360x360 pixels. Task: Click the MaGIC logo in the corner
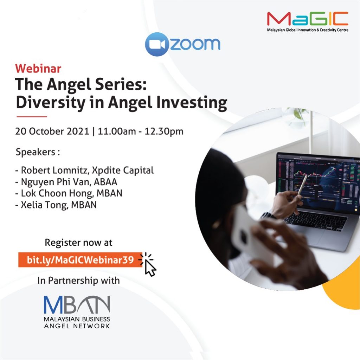pyautogui.click(x=307, y=21)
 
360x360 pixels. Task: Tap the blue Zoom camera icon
pyautogui.click(x=157, y=44)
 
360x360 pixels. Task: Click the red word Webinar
pyautogui.click(x=38, y=69)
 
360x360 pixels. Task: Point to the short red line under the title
pyautogui.click(x=32, y=117)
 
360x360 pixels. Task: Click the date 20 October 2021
pyautogui.click(x=52, y=131)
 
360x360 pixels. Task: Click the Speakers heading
pyautogui.click(x=38, y=152)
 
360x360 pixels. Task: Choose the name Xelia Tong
pyautogui.click(x=45, y=205)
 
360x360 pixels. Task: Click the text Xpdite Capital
pyautogui.click(x=123, y=171)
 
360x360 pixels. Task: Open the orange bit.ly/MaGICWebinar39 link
pyautogui.click(x=80, y=260)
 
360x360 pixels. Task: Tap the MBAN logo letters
pyautogui.click(x=77, y=304)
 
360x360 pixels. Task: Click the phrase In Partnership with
pyautogui.click(x=78, y=281)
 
